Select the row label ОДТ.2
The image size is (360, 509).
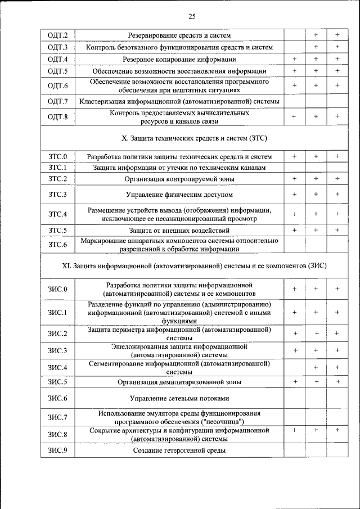57,35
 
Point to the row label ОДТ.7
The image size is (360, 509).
57,101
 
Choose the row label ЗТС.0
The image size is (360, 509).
57,156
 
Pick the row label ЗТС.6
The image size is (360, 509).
57,245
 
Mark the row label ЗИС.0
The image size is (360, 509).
57,289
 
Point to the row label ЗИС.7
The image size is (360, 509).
57,417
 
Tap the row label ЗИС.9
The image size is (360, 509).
57,451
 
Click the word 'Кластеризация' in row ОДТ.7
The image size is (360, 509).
104,101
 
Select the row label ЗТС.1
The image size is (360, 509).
57,168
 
